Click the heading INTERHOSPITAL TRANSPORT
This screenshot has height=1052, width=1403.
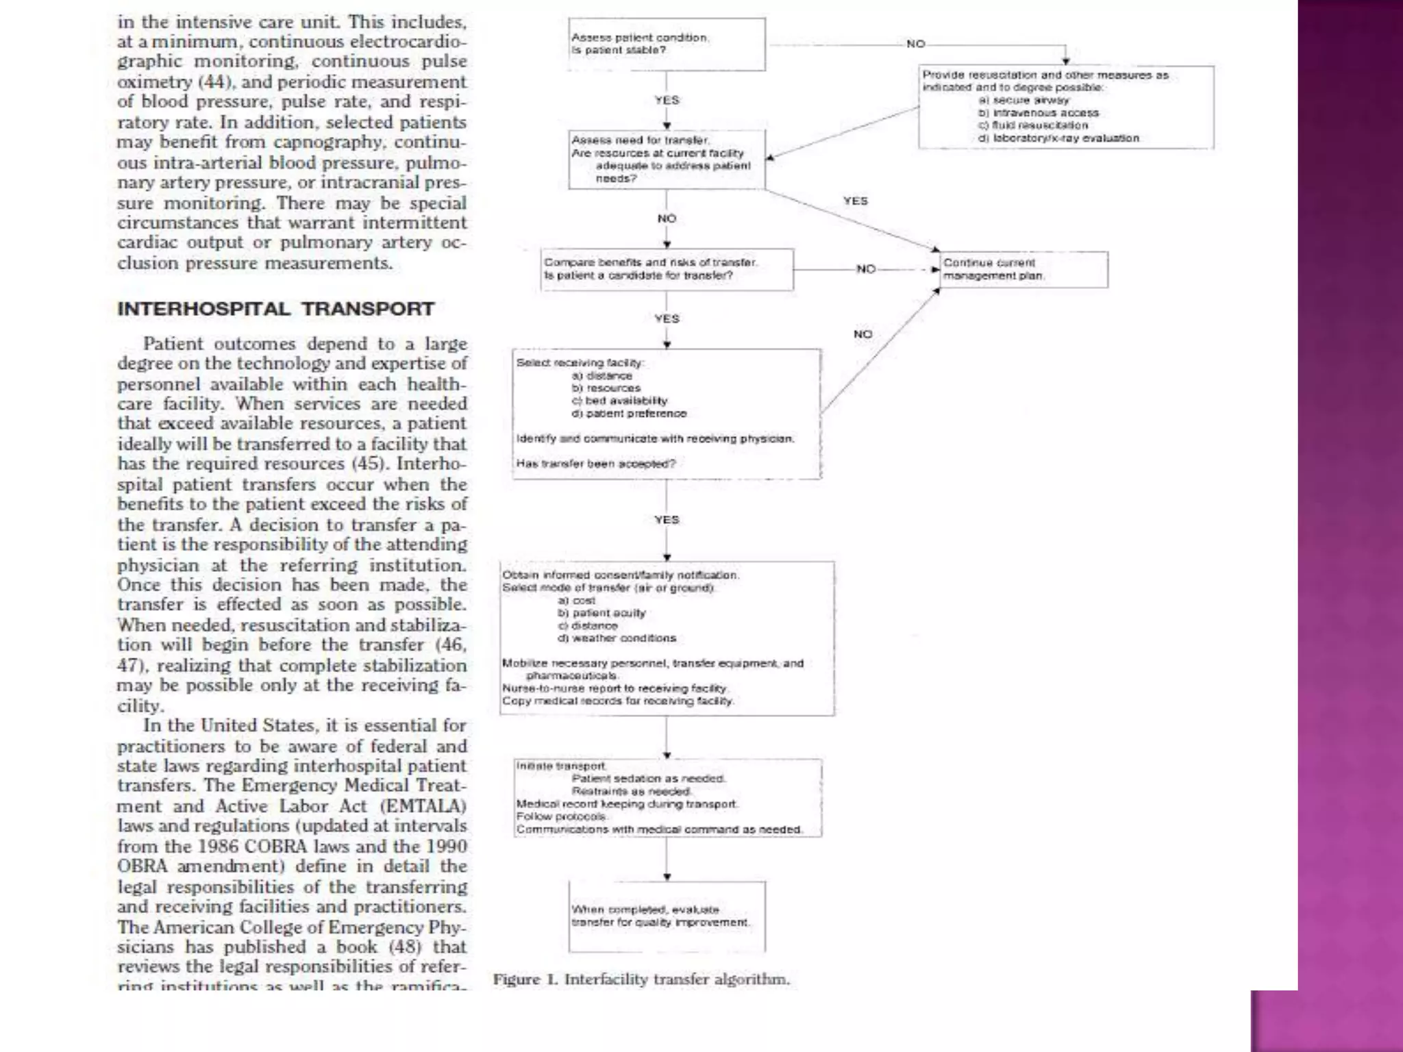(275, 309)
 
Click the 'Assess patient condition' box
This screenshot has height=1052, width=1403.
(666, 45)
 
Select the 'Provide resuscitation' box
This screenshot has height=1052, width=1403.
(1065, 107)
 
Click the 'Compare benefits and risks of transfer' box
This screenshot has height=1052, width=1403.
(666, 269)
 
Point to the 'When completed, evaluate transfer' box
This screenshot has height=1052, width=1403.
(666, 916)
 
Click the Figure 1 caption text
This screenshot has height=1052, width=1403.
(641, 979)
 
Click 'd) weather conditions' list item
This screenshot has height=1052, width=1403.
(617, 638)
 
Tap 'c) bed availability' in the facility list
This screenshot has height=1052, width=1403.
(619, 401)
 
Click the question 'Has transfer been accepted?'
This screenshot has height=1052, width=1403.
(595, 464)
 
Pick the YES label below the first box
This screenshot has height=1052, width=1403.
(667, 100)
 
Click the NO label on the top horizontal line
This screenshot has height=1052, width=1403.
(915, 44)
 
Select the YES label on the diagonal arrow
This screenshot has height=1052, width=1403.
(855, 201)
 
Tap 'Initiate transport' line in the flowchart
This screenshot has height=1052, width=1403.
(561, 766)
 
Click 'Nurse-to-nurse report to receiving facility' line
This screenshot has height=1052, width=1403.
(615, 688)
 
